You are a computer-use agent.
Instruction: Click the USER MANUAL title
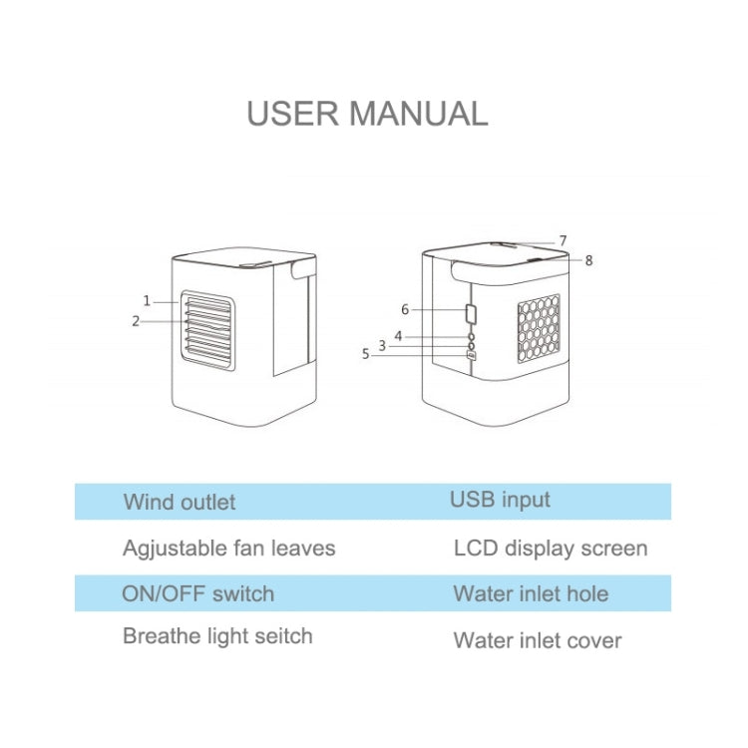click(x=367, y=113)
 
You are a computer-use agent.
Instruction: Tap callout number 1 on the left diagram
click(x=147, y=299)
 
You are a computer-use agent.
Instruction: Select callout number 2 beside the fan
click(x=136, y=320)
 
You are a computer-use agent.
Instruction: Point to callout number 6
click(x=405, y=309)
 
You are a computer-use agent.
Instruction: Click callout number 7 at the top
click(x=562, y=240)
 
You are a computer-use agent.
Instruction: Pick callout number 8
click(x=588, y=260)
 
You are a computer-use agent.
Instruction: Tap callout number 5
click(x=365, y=352)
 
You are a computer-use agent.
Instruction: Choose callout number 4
click(x=398, y=336)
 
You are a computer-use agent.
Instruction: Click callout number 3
click(x=382, y=345)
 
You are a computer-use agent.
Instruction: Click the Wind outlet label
click(x=180, y=502)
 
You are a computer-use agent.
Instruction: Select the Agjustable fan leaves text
click(x=228, y=549)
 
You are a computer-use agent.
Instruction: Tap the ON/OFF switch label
click(x=197, y=594)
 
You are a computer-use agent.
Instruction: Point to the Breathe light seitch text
click(x=217, y=636)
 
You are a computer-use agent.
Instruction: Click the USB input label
click(x=500, y=500)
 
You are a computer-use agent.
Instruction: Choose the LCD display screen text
click(x=551, y=549)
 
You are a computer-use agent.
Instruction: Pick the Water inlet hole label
click(x=531, y=594)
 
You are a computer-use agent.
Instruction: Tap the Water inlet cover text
click(x=538, y=640)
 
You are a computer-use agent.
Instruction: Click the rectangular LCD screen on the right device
click(x=471, y=313)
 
